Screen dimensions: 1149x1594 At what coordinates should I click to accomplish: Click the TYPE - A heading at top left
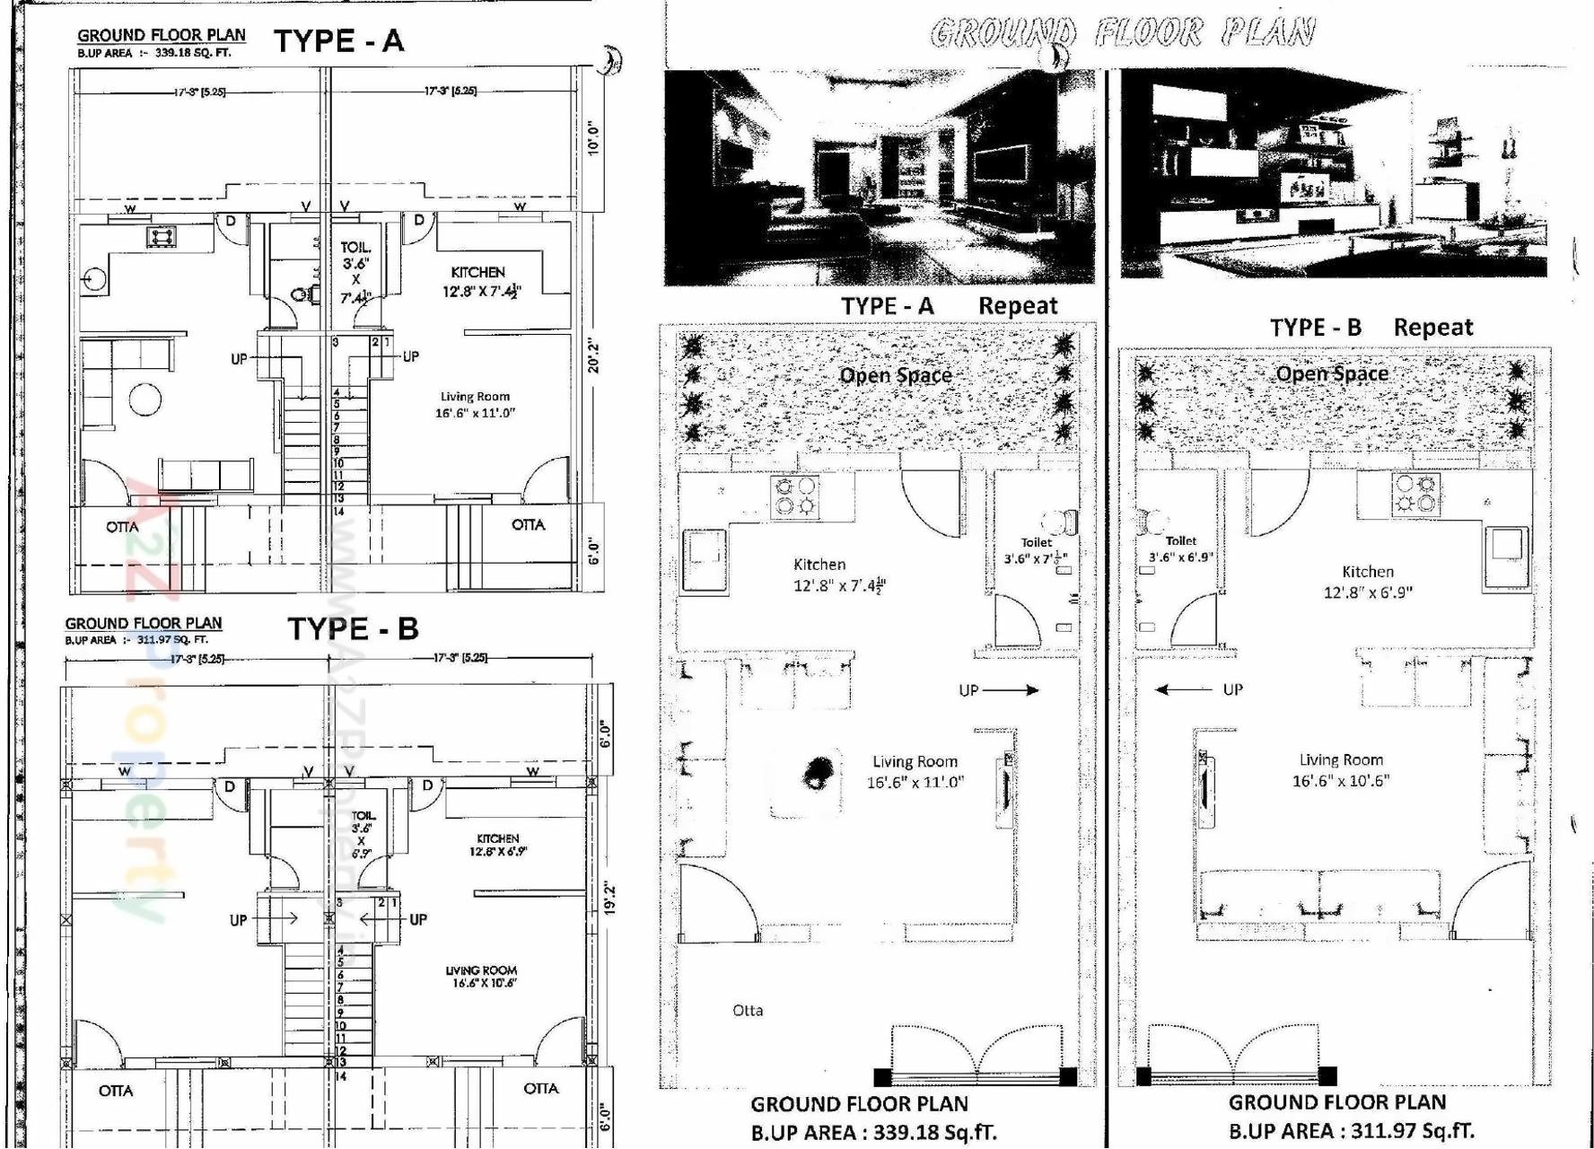(x=338, y=41)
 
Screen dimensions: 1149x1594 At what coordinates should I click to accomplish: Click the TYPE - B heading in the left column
(x=353, y=628)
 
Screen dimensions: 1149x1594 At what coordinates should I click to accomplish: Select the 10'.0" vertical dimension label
(x=592, y=138)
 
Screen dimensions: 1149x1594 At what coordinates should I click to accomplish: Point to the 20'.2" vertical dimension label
(x=592, y=355)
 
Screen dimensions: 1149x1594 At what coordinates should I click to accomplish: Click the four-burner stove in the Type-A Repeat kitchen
(x=794, y=496)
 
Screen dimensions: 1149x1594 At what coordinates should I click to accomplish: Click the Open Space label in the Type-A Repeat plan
(x=895, y=375)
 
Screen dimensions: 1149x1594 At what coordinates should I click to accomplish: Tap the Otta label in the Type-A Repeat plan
(x=748, y=1011)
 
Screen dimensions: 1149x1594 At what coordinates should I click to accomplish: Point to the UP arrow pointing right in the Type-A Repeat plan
(x=998, y=690)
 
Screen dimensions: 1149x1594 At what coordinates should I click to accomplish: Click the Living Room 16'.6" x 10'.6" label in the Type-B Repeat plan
(x=1340, y=770)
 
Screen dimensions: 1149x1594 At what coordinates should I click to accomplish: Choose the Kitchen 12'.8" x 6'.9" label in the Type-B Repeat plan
(x=1367, y=582)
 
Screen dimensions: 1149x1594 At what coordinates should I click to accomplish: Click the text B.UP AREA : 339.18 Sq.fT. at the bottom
(x=873, y=1133)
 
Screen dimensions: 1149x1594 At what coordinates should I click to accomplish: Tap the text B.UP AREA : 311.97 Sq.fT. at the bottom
(x=1351, y=1131)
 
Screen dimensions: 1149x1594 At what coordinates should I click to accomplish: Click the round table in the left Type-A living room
(x=145, y=399)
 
